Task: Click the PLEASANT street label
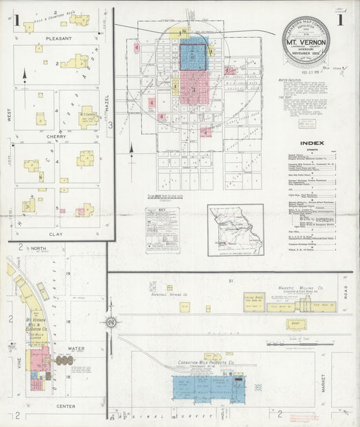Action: [58, 39]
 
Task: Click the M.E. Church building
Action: [88, 116]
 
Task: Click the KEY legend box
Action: [162, 230]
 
